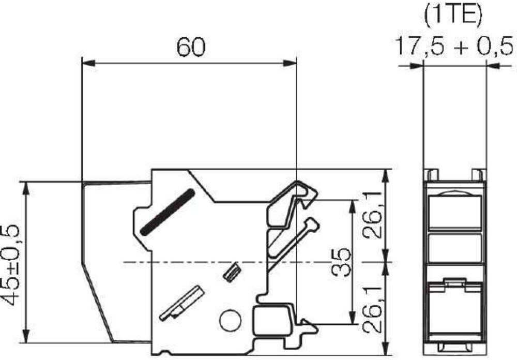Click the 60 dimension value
[x=191, y=47]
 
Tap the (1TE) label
[x=453, y=15]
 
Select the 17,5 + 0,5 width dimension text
[x=454, y=46]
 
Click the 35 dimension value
[x=341, y=263]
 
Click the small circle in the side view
[x=231, y=321]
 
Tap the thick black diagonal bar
[x=167, y=212]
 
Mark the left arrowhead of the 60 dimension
[x=88, y=63]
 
